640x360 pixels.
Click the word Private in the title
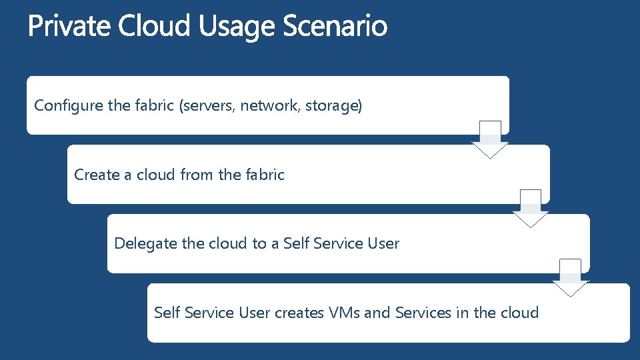pos(70,27)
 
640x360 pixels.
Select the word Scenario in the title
pos(335,27)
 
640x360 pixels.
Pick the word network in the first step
pos(270,105)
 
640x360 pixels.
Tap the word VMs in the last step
pos(345,312)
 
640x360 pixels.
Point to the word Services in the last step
pos(423,312)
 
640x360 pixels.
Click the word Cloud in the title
pos(155,27)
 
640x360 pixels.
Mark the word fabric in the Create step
pos(265,175)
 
